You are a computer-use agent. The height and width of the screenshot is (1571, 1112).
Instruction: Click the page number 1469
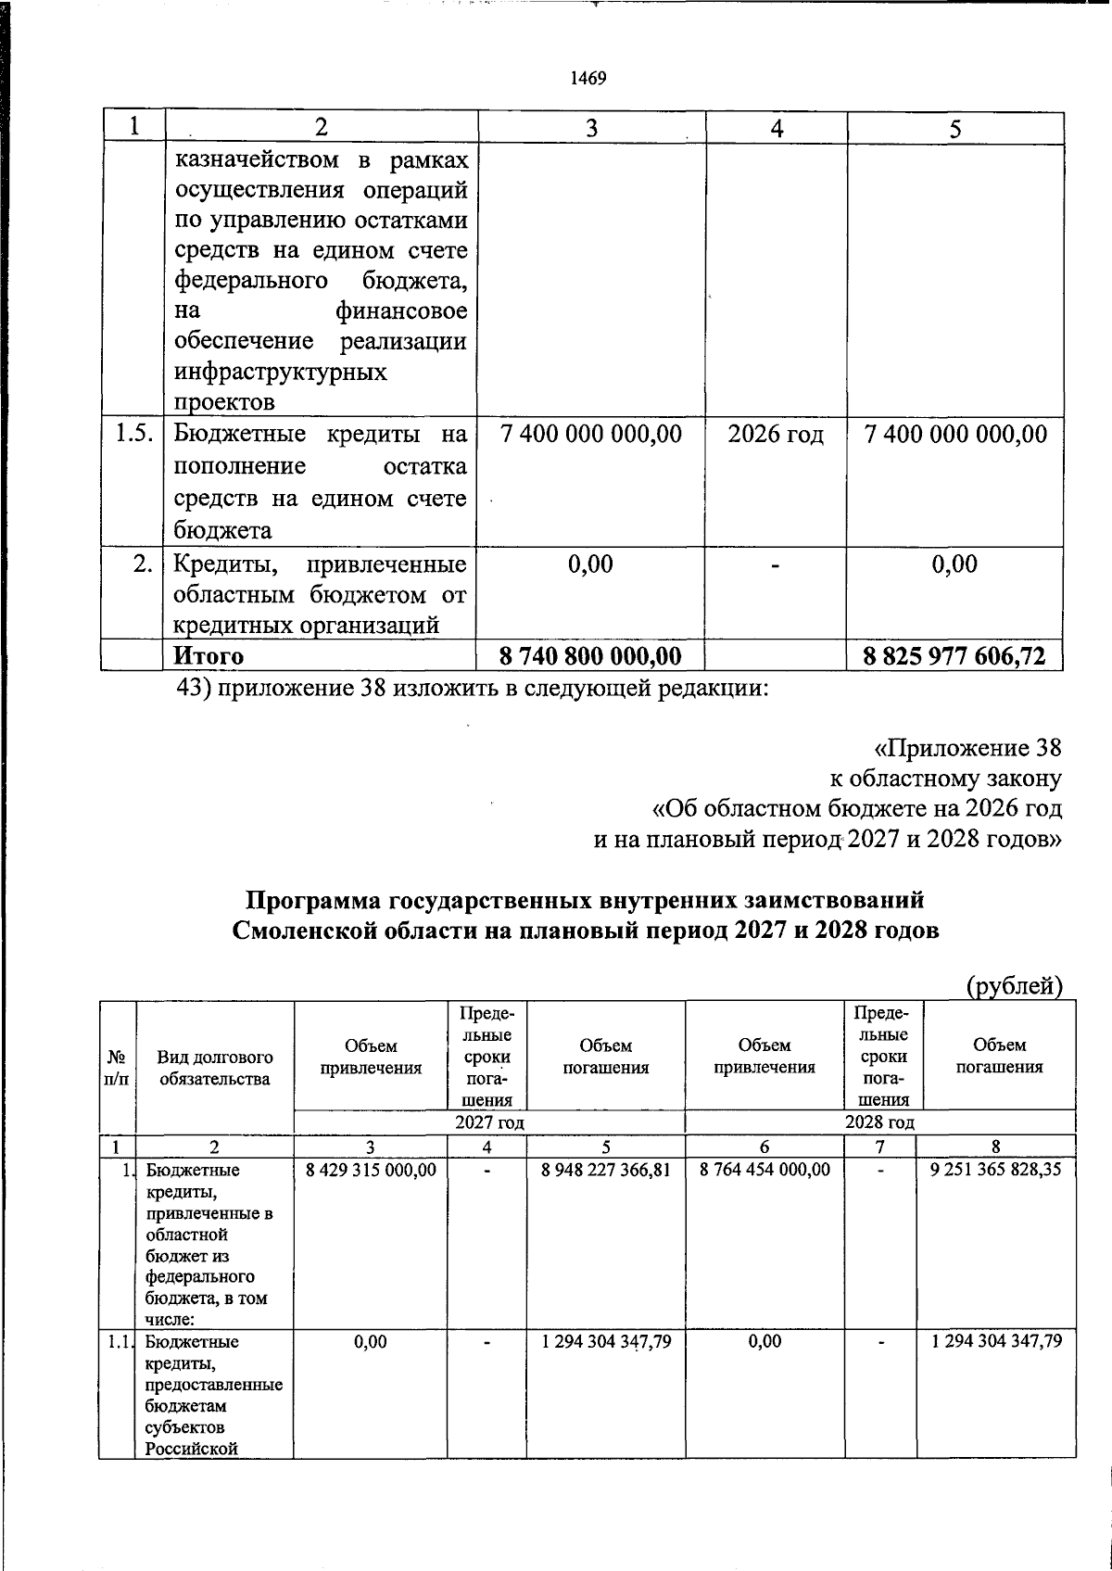point(589,79)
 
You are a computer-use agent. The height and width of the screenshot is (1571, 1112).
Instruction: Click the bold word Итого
point(208,655)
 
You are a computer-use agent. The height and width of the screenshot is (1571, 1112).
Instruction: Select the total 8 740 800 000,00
point(590,656)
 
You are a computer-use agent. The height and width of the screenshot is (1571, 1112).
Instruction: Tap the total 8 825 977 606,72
point(954,656)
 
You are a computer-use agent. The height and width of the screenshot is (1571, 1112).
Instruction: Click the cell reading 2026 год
point(776,435)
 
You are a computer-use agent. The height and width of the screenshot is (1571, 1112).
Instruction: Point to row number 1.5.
point(134,434)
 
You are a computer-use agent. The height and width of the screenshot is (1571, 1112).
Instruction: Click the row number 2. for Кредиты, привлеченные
point(142,564)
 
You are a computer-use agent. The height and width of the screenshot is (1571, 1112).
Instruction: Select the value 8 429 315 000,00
point(371,1170)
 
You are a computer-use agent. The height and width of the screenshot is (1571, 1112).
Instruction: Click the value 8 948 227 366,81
point(606,1170)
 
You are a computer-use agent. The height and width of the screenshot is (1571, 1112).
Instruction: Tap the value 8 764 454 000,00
point(765,1170)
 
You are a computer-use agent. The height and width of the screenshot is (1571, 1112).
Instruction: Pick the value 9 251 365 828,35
point(996,1170)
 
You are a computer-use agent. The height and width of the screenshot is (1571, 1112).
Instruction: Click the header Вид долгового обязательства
point(214,1068)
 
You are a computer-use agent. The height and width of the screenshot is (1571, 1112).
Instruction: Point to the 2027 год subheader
point(489,1122)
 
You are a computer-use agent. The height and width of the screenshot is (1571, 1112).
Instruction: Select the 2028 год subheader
point(879,1122)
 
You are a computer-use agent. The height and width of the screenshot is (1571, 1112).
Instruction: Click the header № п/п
point(117,1068)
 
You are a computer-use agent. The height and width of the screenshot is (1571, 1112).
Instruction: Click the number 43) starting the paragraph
point(195,690)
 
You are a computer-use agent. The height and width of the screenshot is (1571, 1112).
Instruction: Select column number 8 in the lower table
point(995,1147)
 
